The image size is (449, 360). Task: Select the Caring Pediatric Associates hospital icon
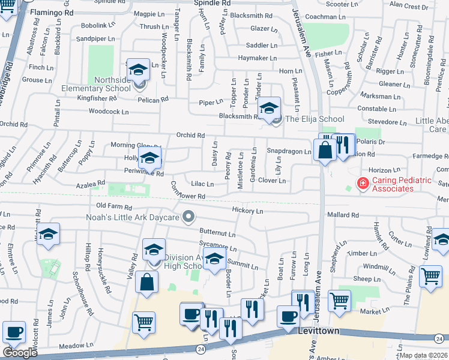tap(363, 183)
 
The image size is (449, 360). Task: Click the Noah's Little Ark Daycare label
tap(133, 217)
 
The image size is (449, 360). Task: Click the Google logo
tap(20, 353)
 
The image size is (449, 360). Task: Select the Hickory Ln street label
tap(247, 211)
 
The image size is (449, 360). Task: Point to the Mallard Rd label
tap(343, 214)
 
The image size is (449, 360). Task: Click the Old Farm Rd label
tap(113, 206)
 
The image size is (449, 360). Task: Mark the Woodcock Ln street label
tap(109, 112)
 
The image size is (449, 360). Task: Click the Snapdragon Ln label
tap(289, 151)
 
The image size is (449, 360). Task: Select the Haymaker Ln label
tap(257, 58)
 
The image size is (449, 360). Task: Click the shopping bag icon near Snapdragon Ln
tap(325, 150)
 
